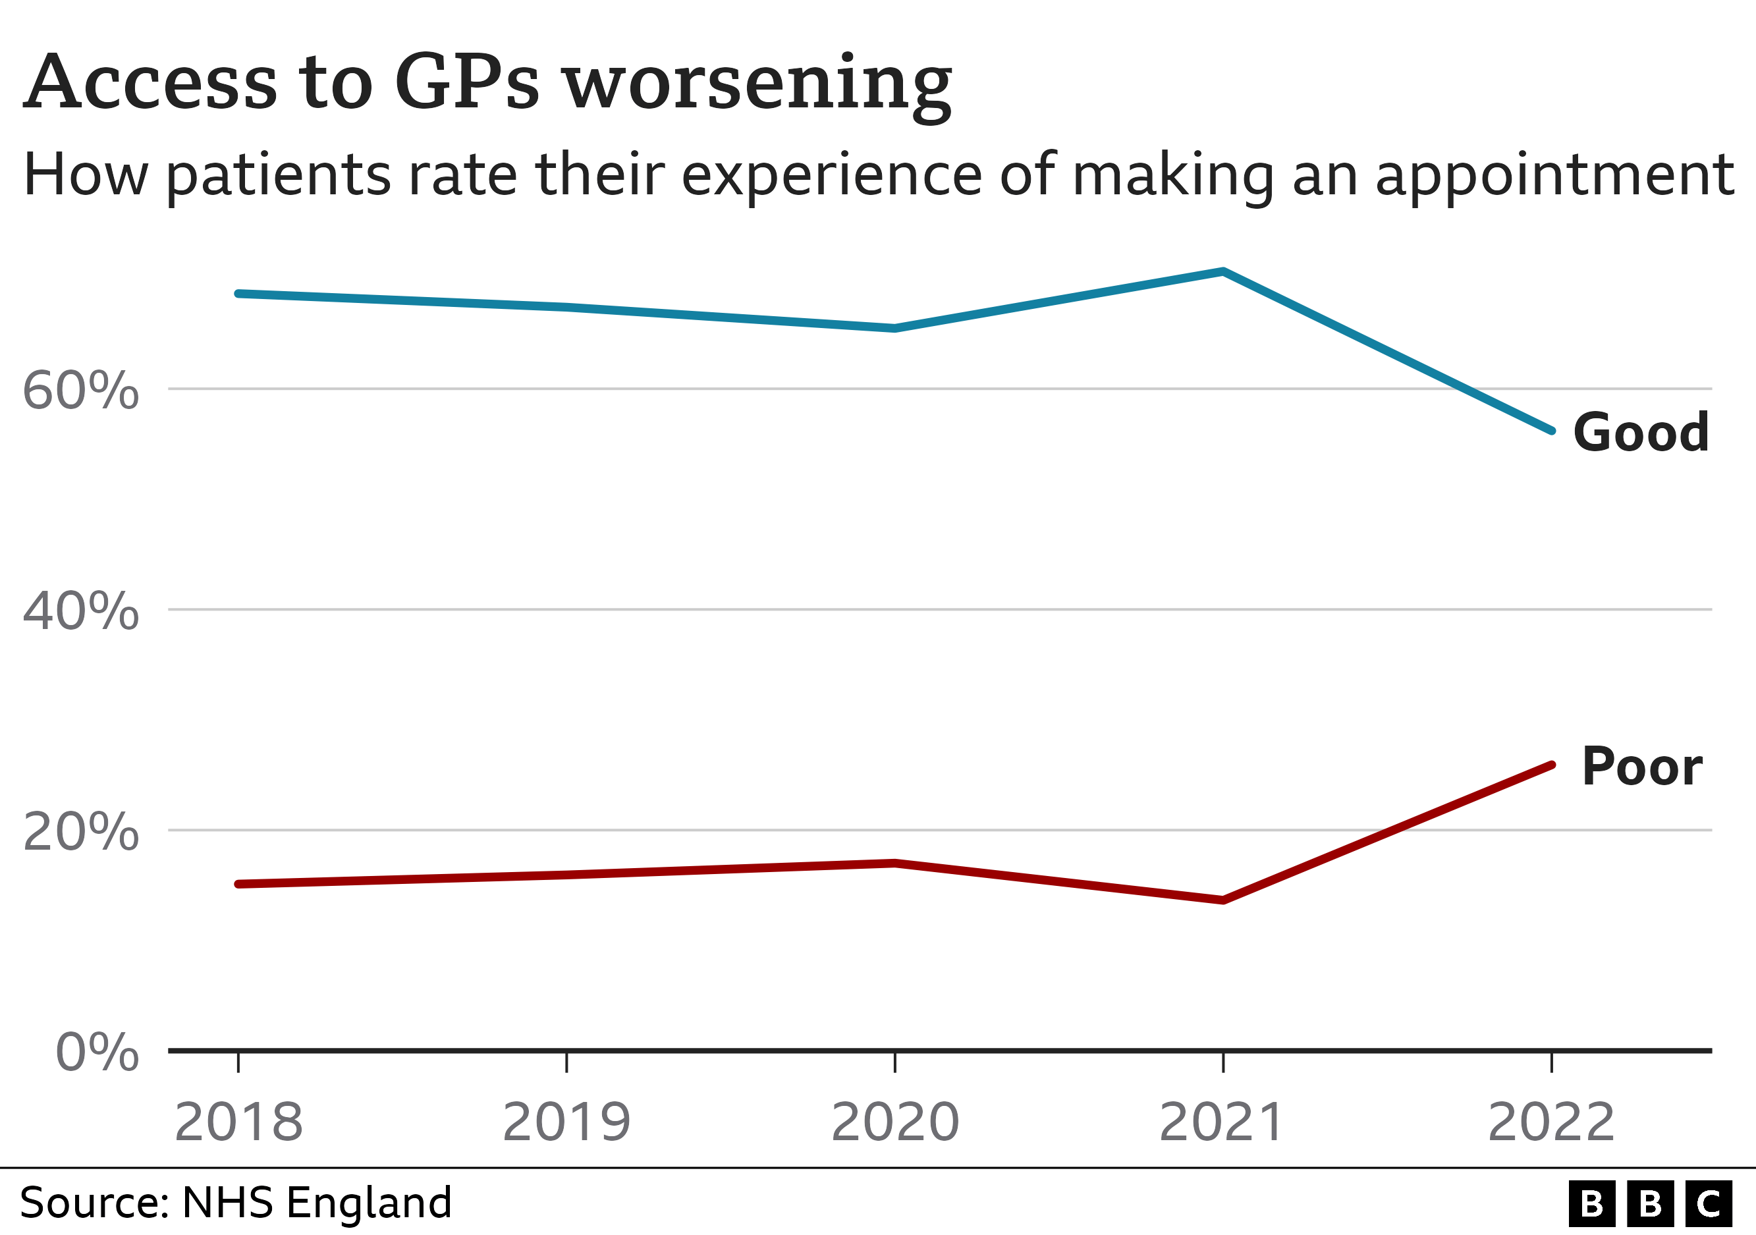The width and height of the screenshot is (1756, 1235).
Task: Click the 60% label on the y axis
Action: [80, 391]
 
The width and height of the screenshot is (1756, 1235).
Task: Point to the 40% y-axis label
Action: [80, 611]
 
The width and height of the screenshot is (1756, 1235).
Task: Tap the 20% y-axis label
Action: [80, 831]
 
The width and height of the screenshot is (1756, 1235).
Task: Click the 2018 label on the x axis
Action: [238, 1122]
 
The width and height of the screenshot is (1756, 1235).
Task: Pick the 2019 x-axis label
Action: [566, 1122]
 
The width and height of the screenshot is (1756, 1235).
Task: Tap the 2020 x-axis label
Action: [895, 1122]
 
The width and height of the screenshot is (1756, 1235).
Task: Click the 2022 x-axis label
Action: [1551, 1122]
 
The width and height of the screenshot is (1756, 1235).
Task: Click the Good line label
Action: [1641, 433]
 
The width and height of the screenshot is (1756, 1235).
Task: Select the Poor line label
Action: [1642, 766]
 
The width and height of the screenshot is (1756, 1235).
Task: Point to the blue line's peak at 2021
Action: [1224, 271]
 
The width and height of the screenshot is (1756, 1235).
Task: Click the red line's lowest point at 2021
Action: [1224, 900]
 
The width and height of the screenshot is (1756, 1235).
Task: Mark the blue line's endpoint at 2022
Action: [1552, 431]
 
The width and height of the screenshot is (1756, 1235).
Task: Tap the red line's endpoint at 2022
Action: [1552, 765]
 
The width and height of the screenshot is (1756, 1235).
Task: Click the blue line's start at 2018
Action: [238, 294]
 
